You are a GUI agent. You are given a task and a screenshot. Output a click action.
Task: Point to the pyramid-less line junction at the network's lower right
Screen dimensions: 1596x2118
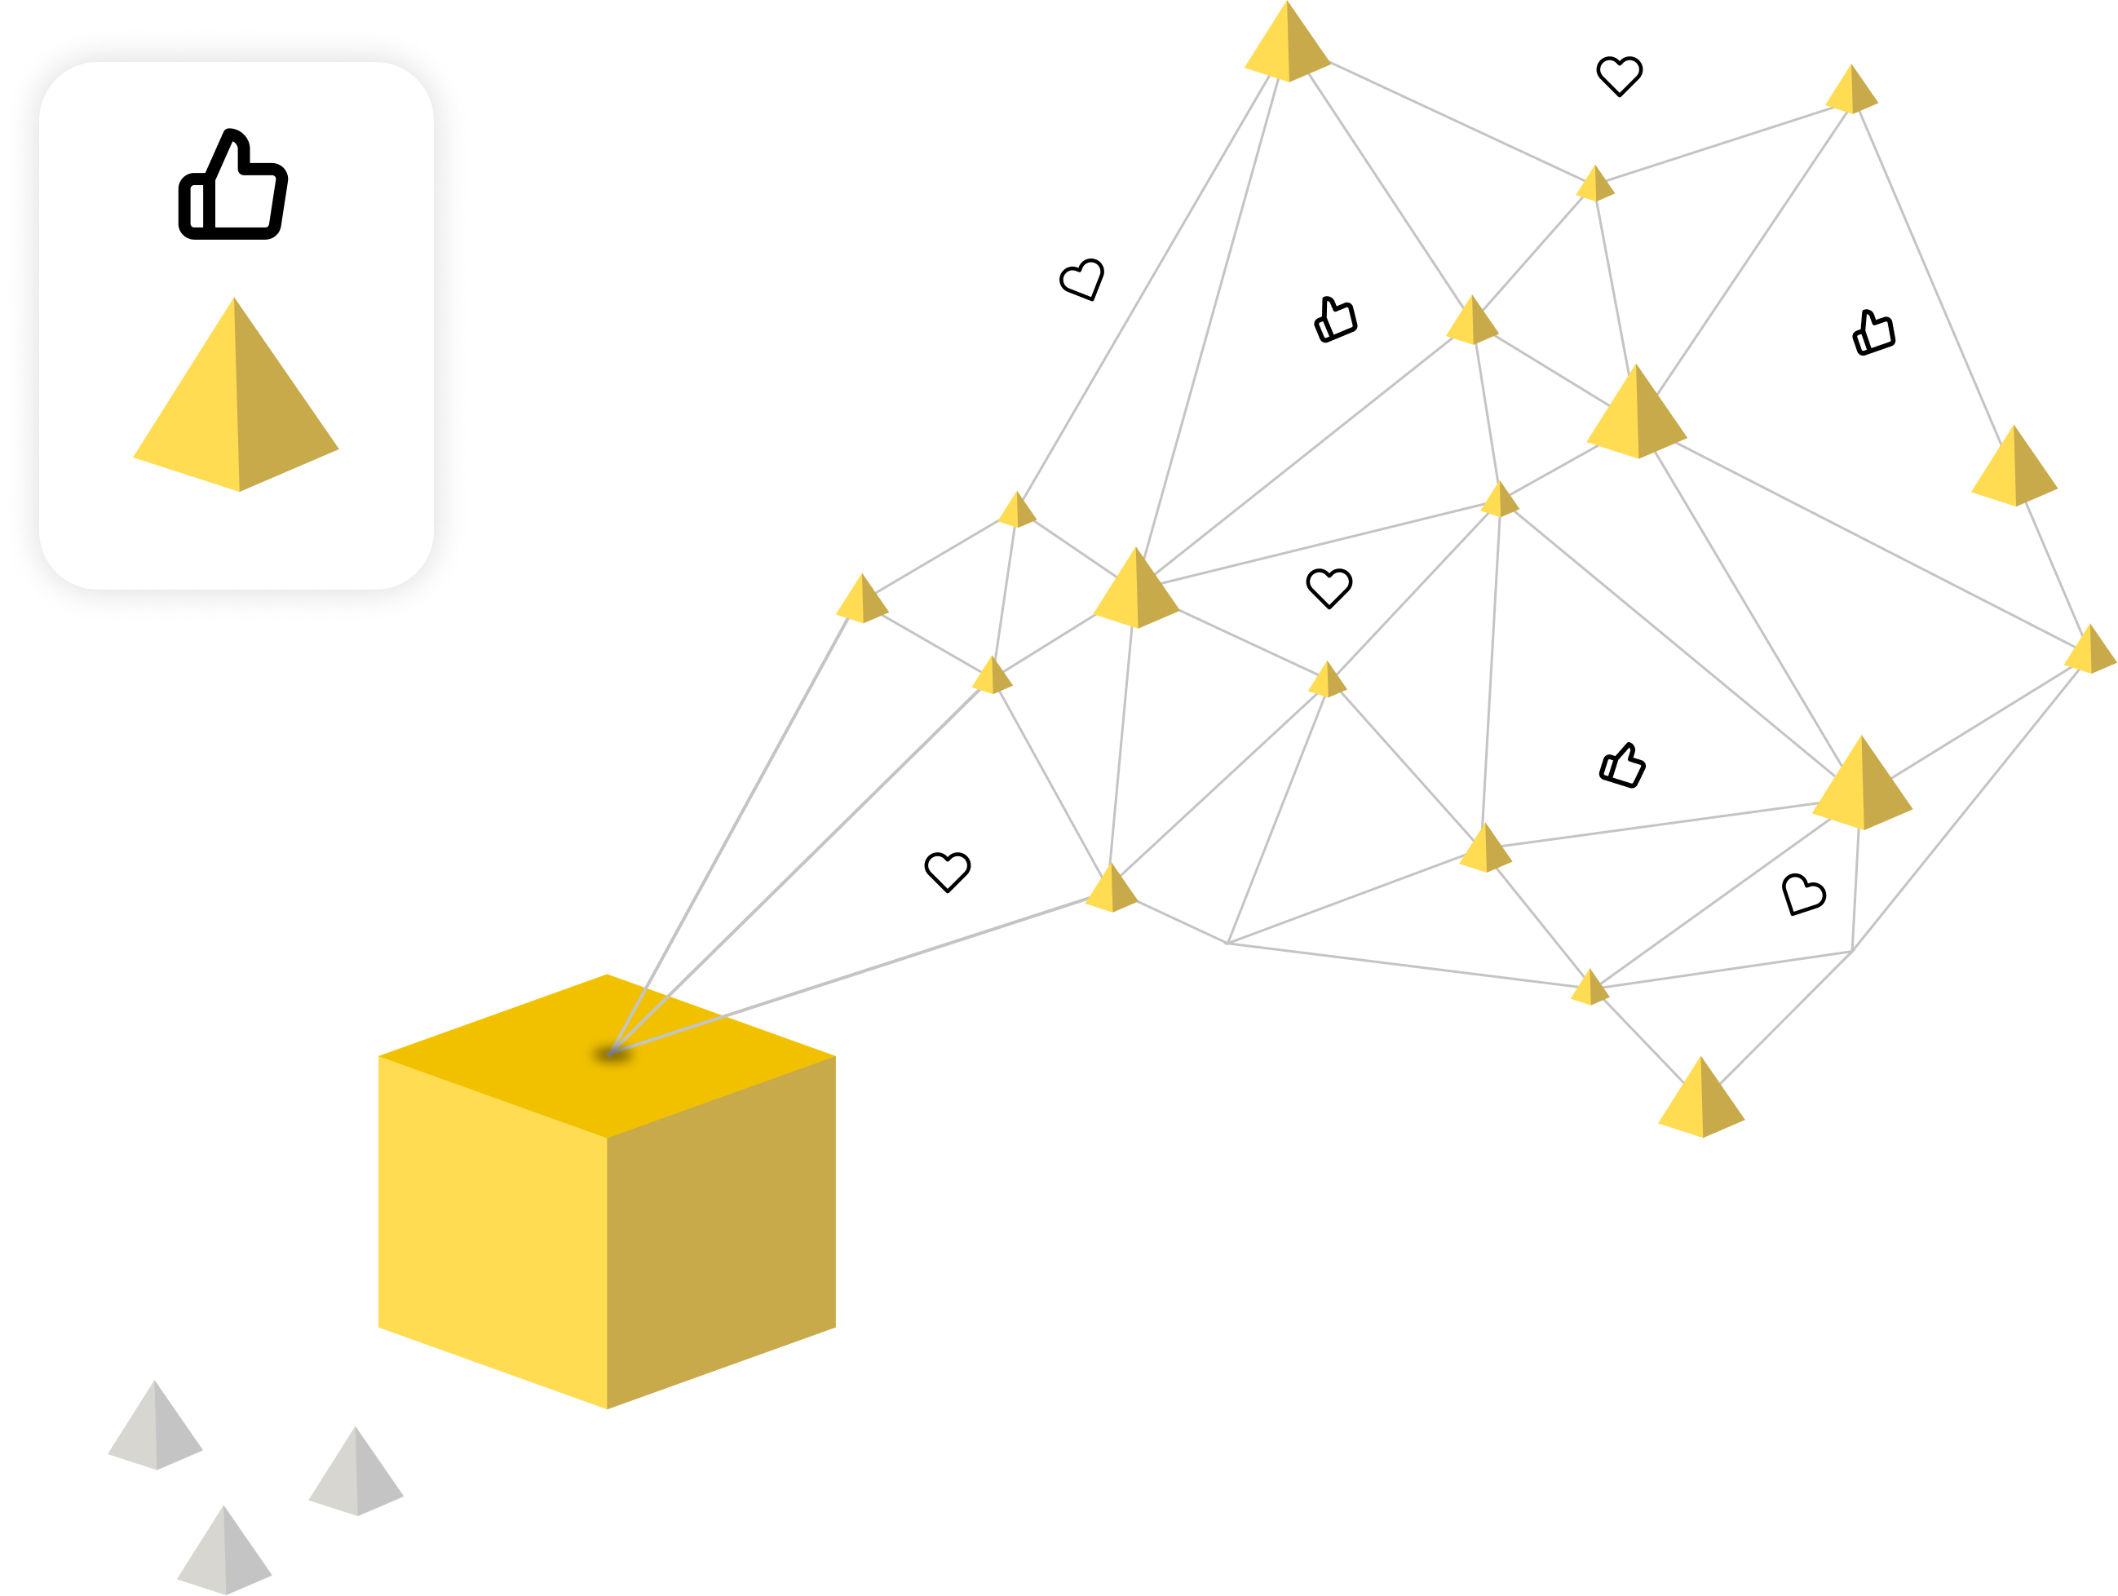1853,952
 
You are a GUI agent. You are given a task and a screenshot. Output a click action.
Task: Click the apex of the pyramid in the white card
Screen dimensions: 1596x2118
235,301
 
